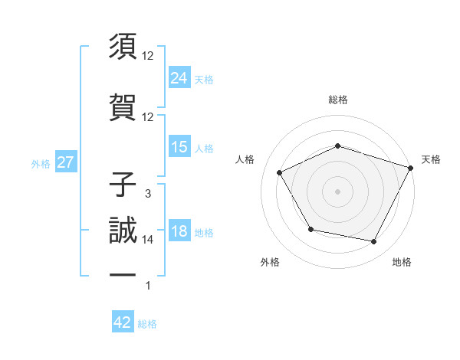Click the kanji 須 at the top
pyautogui.click(x=123, y=47)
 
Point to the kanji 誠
pyautogui.click(x=123, y=231)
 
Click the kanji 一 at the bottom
pyautogui.click(x=123, y=275)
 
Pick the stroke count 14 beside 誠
pyautogui.click(x=148, y=240)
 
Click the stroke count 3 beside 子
pyautogui.click(x=148, y=194)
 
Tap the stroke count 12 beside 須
pyautogui.click(x=148, y=56)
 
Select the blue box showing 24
pyautogui.click(x=179, y=77)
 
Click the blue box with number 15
pyautogui.click(x=179, y=147)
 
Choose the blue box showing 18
pyautogui.click(x=179, y=231)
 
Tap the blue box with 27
pyautogui.click(x=65, y=162)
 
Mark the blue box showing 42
pyautogui.click(x=123, y=322)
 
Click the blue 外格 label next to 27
pyautogui.click(x=41, y=163)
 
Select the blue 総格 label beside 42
pyautogui.click(x=147, y=324)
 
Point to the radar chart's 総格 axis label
pyautogui.click(x=338, y=100)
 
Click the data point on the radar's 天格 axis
pyautogui.click(x=412, y=167)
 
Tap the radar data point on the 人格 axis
pyautogui.click(x=279, y=172)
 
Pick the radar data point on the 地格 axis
pyautogui.click(x=374, y=242)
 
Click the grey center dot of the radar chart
pyautogui.click(x=338, y=191)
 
